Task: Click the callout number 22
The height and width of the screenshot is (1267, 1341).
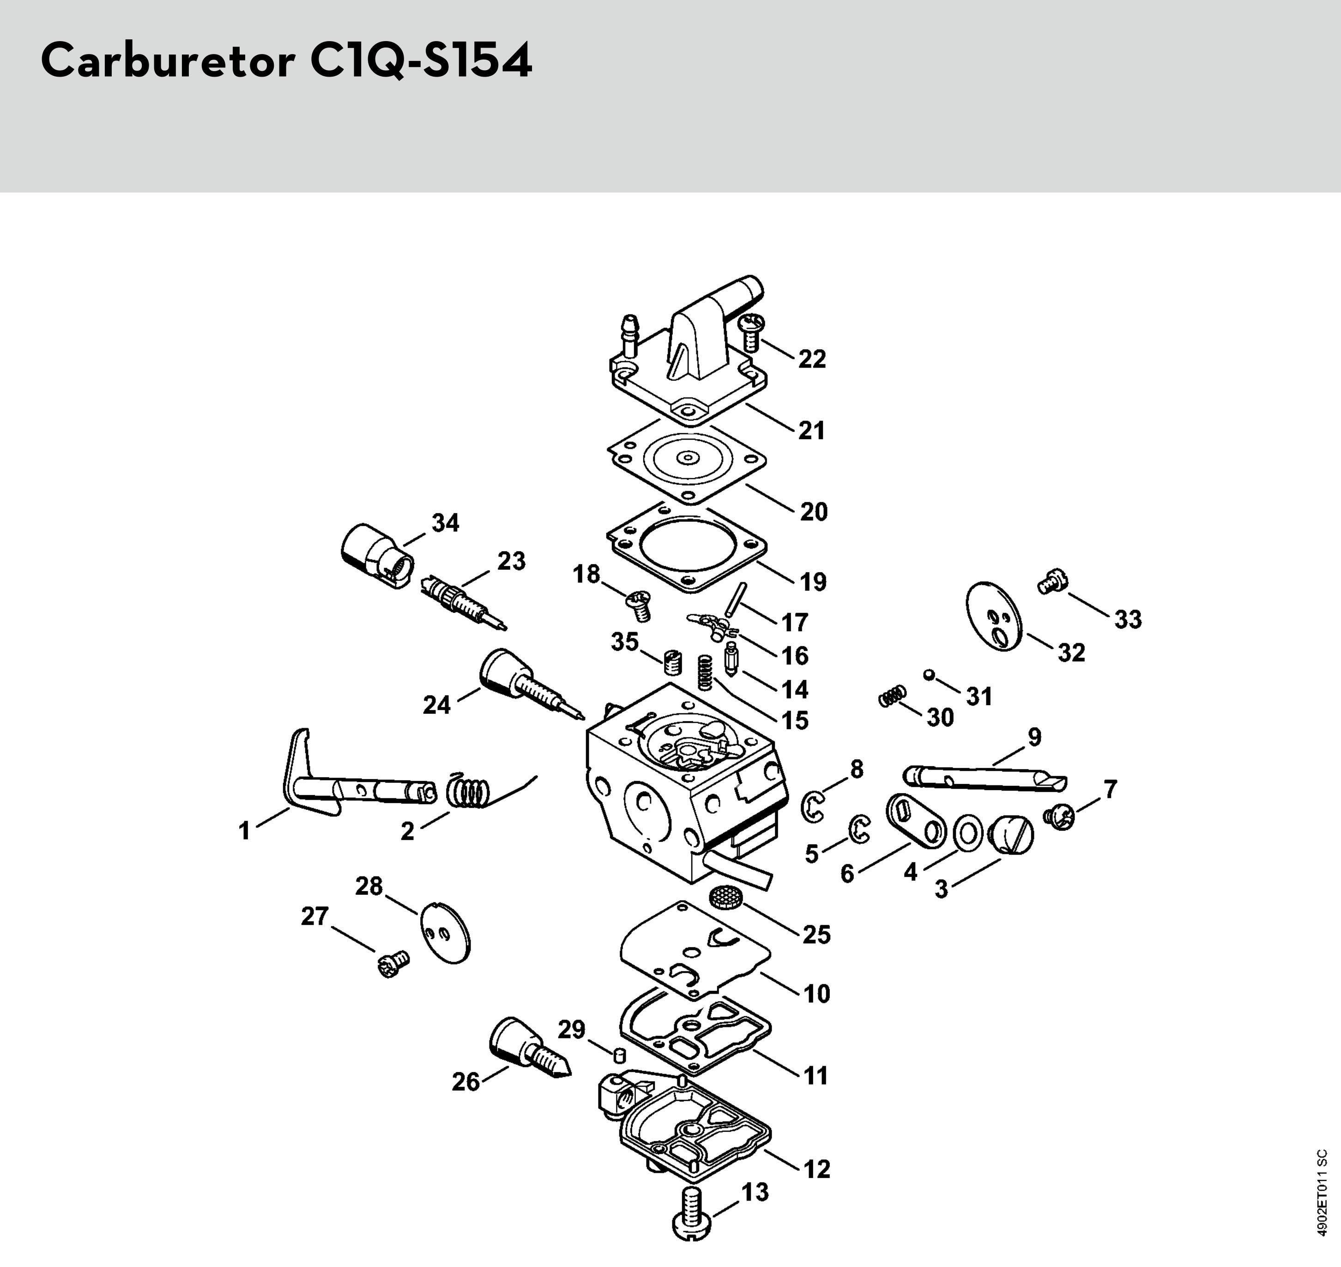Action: [812, 359]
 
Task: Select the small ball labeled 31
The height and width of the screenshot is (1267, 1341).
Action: [930, 675]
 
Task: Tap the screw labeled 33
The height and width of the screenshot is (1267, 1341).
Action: [1050, 581]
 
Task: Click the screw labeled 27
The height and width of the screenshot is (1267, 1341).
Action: [393, 965]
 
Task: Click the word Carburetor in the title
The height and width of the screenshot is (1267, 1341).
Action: [168, 61]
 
